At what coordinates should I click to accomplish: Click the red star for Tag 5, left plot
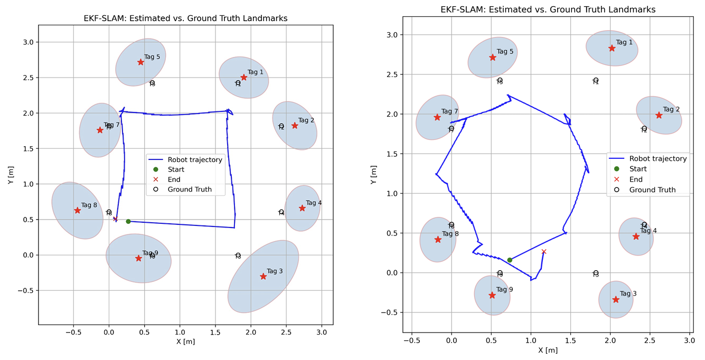coord(140,62)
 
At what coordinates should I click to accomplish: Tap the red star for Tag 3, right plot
coord(616,299)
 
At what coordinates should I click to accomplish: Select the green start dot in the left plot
coord(128,221)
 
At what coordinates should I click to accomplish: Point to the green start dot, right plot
coord(510,260)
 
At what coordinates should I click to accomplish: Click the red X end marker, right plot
coord(544,252)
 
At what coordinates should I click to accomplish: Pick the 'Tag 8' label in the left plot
coord(89,205)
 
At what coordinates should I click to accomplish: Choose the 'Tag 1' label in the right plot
coord(624,42)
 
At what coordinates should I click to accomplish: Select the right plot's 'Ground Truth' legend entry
coord(652,190)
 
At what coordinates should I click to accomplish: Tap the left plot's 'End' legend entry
coord(174,179)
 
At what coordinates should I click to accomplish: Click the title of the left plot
coord(185,18)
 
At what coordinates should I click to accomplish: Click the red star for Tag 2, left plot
coord(295,126)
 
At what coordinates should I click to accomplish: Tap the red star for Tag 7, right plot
coord(437,117)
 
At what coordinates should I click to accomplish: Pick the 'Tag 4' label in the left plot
coord(314,203)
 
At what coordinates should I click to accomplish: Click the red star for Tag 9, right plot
coord(492,295)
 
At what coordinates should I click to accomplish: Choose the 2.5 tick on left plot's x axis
coord(286,333)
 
